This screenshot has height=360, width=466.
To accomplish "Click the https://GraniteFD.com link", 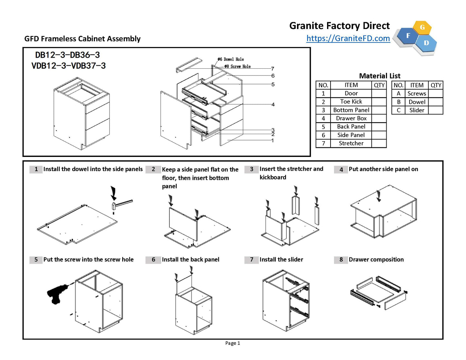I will click(x=348, y=38).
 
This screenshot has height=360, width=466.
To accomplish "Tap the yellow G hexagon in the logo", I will click(x=422, y=27).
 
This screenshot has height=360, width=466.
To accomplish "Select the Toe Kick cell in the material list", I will click(x=351, y=102).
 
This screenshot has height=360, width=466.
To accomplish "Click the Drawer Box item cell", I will click(x=351, y=118).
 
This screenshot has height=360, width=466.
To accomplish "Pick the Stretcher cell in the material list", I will click(x=351, y=143).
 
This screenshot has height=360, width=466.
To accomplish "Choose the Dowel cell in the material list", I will click(x=417, y=102).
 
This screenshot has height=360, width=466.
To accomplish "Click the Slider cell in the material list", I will click(x=417, y=110).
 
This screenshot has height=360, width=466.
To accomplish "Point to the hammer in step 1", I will click(x=122, y=204).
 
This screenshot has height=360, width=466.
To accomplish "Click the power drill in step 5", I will click(x=57, y=293).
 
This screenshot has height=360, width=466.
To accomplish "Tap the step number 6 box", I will click(x=153, y=260).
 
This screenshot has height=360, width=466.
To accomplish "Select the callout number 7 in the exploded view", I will click(x=273, y=69).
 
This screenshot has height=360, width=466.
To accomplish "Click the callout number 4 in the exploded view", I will click(x=273, y=104).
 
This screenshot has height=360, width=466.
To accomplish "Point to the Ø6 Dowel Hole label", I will click(x=231, y=59).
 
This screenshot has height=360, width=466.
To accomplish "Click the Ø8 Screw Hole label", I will click(x=238, y=66).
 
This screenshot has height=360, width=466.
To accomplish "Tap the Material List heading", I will click(x=380, y=76).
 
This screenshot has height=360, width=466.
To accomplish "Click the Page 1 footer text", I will click(x=233, y=343).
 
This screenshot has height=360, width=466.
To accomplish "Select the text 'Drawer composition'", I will click(x=376, y=260).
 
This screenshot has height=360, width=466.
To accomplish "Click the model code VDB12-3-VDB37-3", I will click(x=69, y=66).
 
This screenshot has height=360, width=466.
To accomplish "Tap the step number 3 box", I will click(x=252, y=169).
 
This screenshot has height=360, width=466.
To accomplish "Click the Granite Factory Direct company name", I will click(x=339, y=26).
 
